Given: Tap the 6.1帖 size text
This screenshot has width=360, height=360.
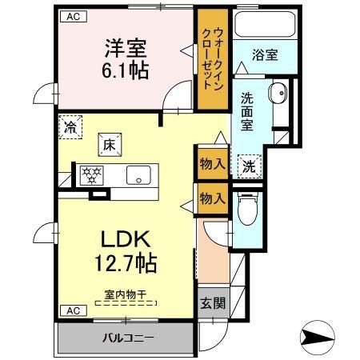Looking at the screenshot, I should tap(123, 70).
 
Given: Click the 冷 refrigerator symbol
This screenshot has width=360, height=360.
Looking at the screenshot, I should tap(71, 127).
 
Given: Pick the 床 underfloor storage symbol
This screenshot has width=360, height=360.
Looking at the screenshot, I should tap(108, 145).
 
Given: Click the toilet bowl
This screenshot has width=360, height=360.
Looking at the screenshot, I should tap(248, 210).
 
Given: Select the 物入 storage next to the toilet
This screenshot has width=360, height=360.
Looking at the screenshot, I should tap(211, 198).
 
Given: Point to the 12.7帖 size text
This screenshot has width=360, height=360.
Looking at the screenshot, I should tap(125, 262).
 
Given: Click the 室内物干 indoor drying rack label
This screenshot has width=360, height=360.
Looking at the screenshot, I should tap(125, 294).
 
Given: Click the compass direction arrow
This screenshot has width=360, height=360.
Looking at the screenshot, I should tap(319, 335).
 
